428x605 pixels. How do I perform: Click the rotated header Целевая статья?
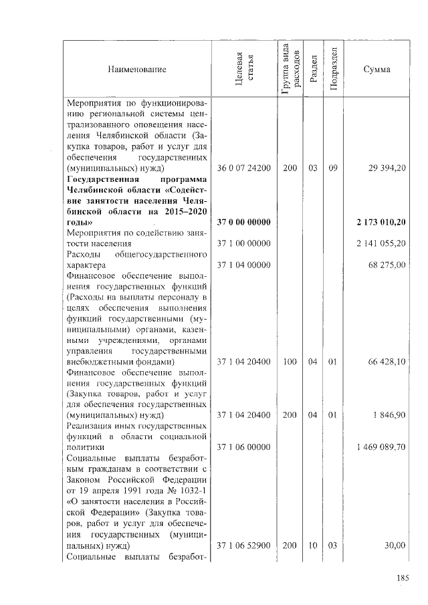pyautogui.click(x=243, y=70)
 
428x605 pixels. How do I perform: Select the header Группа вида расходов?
pyautogui.click(x=289, y=69)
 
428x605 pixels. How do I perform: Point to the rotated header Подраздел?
pyautogui.click(x=333, y=70)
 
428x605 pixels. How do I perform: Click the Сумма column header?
pyautogui.click(x=377, y=70)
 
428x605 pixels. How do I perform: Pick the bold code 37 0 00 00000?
pyautogui.click(x=243, y=221)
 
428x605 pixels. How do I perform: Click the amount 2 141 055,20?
pyautogui.click(x=381, y=243)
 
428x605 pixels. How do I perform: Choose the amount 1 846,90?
pyautogui.click(x=390, y=415)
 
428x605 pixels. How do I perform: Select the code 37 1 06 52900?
pyautogui.click(x=243, y=546)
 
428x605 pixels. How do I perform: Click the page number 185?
pyautogui.click(x=402, y=579)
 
